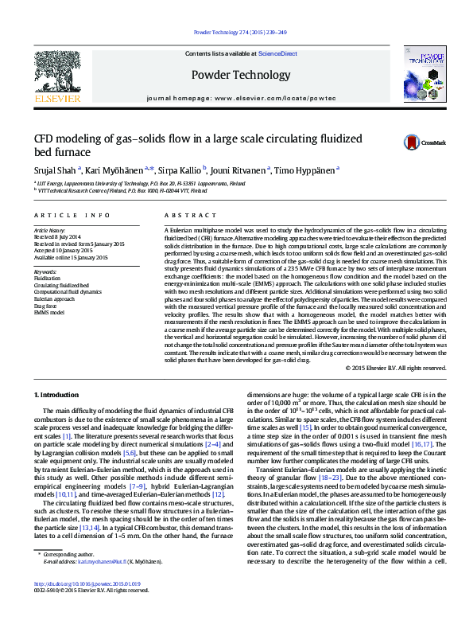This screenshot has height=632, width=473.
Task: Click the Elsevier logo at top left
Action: [57, 77]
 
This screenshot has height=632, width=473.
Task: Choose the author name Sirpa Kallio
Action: [182, 170]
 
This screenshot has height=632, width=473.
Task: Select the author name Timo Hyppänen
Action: [305, 170]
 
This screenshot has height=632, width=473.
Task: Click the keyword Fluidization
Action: [47, 278]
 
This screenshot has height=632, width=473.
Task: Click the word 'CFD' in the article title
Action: [44, 137]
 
